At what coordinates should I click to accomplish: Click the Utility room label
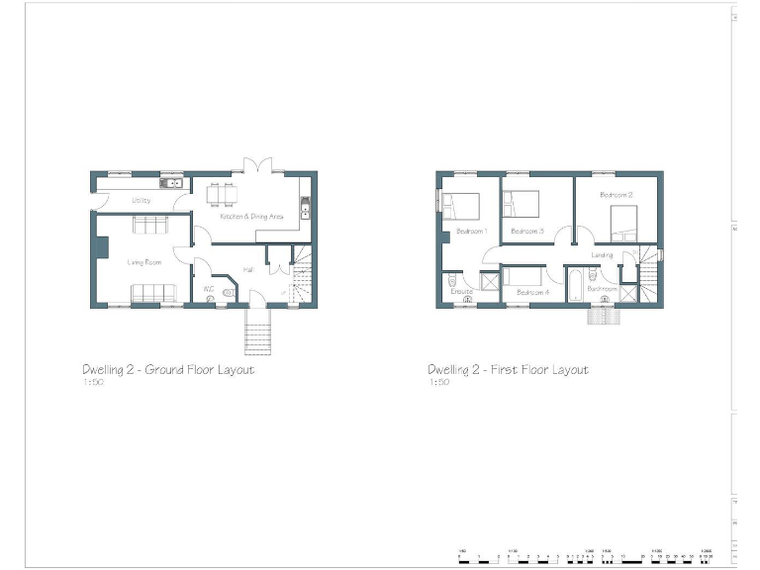141,201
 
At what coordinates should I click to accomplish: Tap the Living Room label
143,262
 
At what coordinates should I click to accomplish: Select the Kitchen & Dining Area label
251,216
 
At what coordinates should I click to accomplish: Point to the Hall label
247,269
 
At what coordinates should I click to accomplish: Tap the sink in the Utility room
171,183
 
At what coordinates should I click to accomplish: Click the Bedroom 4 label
532,292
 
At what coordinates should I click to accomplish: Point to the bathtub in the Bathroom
576,284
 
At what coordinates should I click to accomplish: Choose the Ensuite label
462,292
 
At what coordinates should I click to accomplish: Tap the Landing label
602,255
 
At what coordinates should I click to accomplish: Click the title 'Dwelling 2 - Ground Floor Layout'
168,370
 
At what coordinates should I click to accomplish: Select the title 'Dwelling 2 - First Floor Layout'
508,370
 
